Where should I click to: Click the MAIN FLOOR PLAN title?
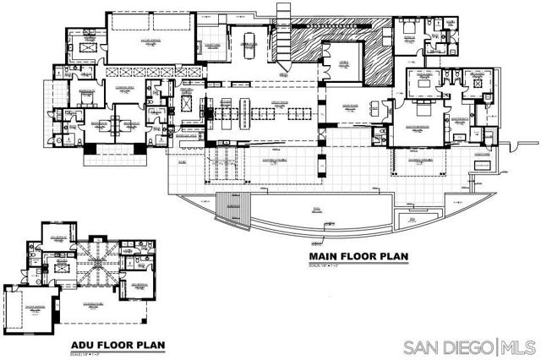coord(359,257)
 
